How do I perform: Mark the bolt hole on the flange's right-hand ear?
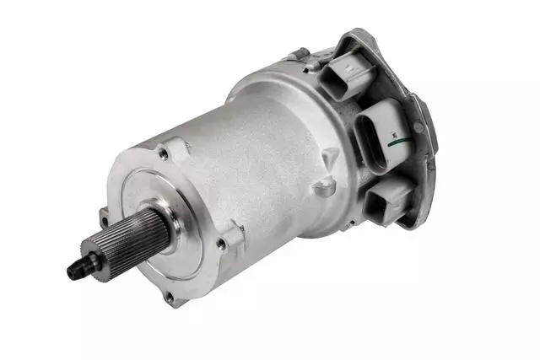point(220,244)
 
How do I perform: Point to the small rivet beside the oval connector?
point(419,126)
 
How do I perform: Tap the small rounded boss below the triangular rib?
point(321,189)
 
